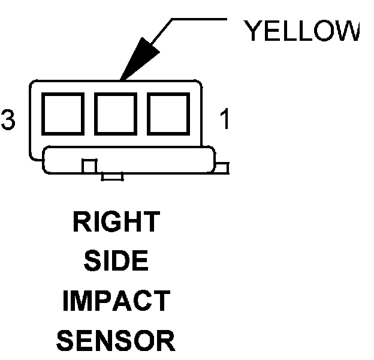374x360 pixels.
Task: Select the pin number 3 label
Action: click(x=8, y=119)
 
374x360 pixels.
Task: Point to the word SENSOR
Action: click(x=116, y=341)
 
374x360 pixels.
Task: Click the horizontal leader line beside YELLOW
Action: click(x=198, y=19)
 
